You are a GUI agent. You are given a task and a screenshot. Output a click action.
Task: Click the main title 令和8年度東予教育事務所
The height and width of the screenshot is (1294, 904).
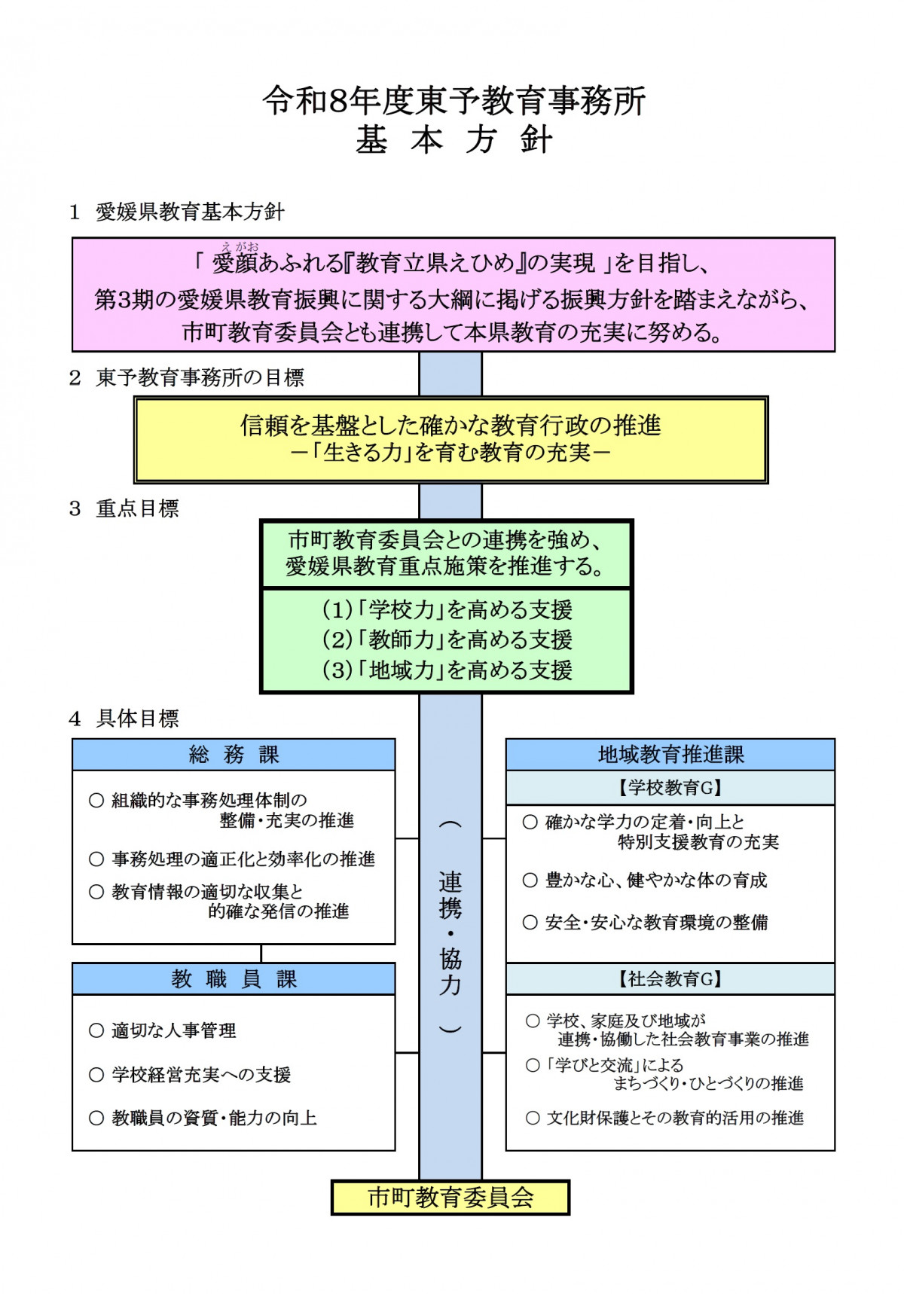[x=454, y=101]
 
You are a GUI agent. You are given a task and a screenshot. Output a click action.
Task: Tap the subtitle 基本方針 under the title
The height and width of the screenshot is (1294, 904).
[x=454, y=140]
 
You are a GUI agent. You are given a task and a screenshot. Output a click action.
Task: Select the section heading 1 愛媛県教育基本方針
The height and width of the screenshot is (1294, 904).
[x=177, y=212]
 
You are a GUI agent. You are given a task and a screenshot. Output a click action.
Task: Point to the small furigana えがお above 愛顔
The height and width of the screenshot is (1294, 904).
[x=240, y=246]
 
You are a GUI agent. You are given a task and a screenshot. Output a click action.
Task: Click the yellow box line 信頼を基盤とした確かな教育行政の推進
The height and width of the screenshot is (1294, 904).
[x=450, y=426]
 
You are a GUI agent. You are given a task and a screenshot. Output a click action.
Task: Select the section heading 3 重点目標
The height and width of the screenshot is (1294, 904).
[x=124, y=508]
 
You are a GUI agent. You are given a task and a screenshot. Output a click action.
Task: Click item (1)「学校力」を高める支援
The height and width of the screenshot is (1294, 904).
[x=447, y=609]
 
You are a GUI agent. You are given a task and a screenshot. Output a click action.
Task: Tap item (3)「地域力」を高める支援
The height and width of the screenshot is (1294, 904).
[x=447, y=670]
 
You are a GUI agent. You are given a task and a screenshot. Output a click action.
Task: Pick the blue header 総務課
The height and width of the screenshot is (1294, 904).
[x=234, y=754]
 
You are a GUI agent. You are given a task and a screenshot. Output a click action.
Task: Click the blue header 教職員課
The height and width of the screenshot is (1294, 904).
[x=234, y=978]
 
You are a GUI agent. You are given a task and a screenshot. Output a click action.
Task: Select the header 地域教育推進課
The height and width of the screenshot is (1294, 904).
[x=670, y=754]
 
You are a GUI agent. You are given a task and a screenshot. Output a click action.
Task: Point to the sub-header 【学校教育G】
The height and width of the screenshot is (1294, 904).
[x=670, y=788]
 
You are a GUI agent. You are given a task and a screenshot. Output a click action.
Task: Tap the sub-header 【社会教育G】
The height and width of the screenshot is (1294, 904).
[x=670, y=978]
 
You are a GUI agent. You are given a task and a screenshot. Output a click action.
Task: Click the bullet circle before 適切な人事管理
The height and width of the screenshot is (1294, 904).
[x=96, y=1030]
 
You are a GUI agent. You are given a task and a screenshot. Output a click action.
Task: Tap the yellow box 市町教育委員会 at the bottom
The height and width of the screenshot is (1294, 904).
[x=450, y=1197]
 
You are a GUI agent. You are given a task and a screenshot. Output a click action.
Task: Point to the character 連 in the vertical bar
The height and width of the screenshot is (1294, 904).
[x=450, y=882]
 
